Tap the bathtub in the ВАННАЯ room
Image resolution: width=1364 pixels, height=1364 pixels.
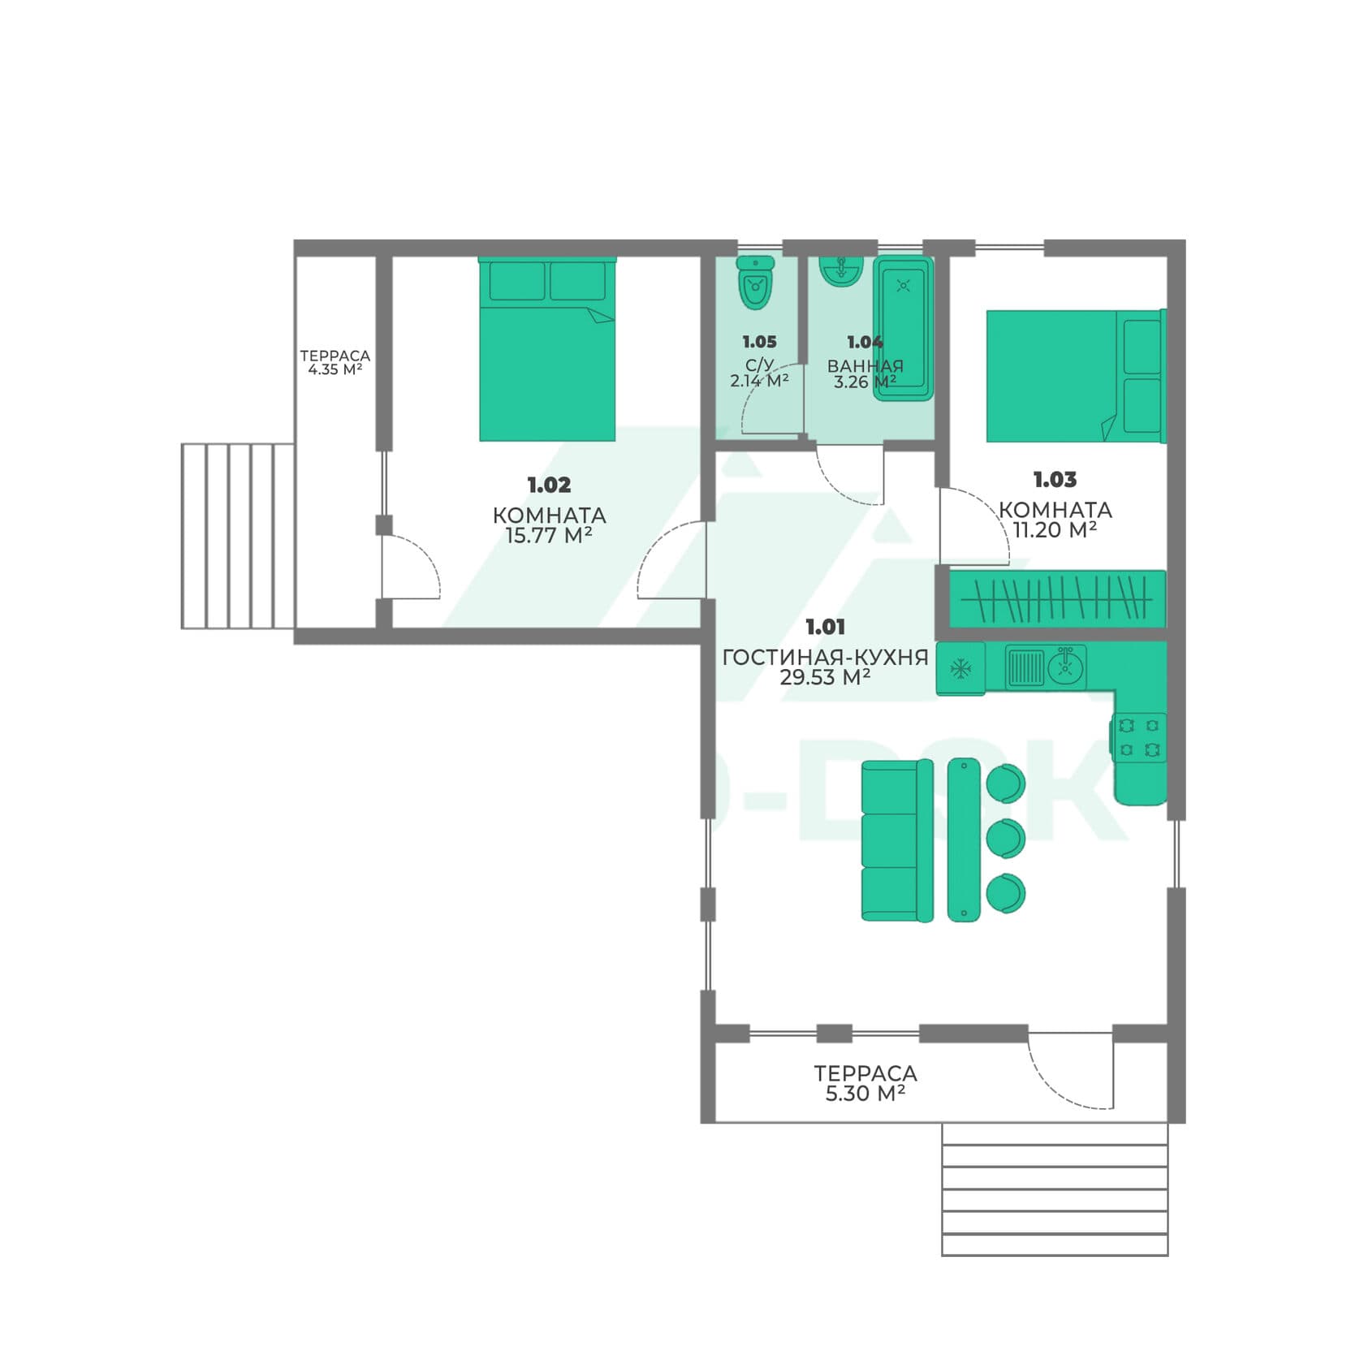click(903, 328)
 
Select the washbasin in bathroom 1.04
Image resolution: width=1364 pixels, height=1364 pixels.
click(840, 271)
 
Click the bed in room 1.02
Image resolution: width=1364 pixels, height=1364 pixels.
click(547, 349)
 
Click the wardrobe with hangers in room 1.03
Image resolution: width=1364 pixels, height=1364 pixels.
click(1057, 599)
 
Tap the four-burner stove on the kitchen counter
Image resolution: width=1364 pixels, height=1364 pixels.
click(1138, 737)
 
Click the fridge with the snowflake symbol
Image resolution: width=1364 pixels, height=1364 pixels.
click(960, 669)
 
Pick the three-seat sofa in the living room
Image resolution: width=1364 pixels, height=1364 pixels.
click(897, 840)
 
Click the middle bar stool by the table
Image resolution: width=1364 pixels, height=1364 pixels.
click(1005, 838)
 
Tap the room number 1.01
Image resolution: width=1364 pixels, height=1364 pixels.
click(825, 627)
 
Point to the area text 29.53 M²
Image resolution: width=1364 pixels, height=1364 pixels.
click(825, 677)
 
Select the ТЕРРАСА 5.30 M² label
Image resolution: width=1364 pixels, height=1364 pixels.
click(865, 1083)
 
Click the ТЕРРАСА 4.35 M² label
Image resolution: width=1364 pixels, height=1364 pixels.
click(335, 362)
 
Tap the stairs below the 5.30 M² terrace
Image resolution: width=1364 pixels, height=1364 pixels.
click(1055, 1189)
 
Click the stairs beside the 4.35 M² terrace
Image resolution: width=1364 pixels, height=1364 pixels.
click(237, 536)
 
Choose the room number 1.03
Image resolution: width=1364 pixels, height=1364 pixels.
click(1055, 480)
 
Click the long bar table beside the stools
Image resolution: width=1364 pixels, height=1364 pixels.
click(964, 840)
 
